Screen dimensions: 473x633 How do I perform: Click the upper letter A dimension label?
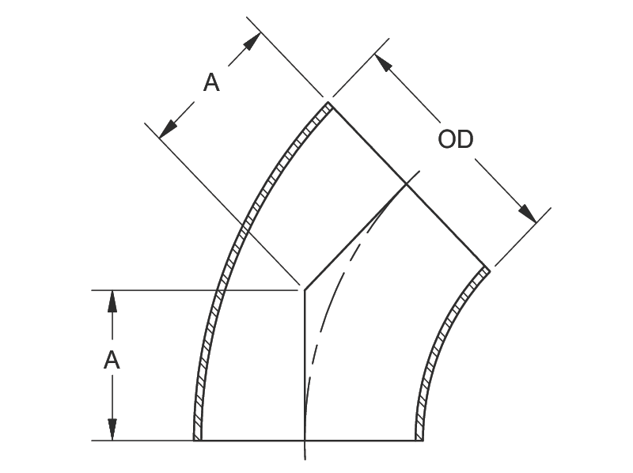click(211, 82)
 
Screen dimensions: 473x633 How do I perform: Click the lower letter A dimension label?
click(112, 361)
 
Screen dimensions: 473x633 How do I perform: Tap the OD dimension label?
click(456, 140)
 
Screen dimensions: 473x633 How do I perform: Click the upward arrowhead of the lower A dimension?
click(112, 300)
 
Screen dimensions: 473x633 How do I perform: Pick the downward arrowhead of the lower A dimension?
click(112, 430)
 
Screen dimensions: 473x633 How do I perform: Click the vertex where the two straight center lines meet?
click(305, 290)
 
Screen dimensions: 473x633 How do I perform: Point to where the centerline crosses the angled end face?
click(406, 185)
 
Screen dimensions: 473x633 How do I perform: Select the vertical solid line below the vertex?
click(305, 364)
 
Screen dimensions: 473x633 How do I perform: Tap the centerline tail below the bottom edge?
click(305, 451)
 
